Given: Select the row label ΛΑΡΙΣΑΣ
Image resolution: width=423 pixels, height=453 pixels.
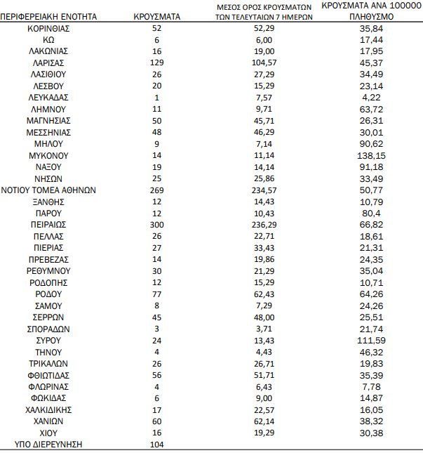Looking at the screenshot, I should point(48,63).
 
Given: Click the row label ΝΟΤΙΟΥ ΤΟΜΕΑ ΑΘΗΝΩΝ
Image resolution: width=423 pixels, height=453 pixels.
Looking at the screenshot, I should point(48,190).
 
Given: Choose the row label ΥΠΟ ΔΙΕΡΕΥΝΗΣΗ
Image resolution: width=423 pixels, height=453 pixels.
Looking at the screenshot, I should point(48,444).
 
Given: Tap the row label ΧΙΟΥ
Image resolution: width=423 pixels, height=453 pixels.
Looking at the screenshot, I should point(48,433).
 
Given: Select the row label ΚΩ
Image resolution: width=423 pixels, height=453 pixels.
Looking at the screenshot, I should point(48,40).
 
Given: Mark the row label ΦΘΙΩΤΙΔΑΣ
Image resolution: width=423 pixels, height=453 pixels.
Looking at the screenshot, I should point(48,374).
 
